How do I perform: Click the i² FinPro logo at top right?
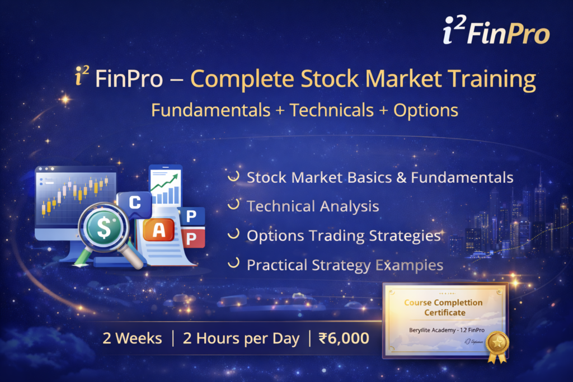[502, 31]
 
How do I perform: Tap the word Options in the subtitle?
[425, 110]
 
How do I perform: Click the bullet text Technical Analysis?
[313, 206]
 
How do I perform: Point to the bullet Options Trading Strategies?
[344, 235]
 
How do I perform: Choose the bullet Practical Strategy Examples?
[345, 265]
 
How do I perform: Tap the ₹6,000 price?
[344, 338]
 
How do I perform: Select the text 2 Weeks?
[132, 338]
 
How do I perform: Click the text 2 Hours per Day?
[241, 338]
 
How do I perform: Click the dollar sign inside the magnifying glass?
[104, 227]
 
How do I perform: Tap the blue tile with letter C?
[134, 204]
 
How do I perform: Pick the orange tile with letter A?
[159, 230]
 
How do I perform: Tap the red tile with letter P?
[191, 239]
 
